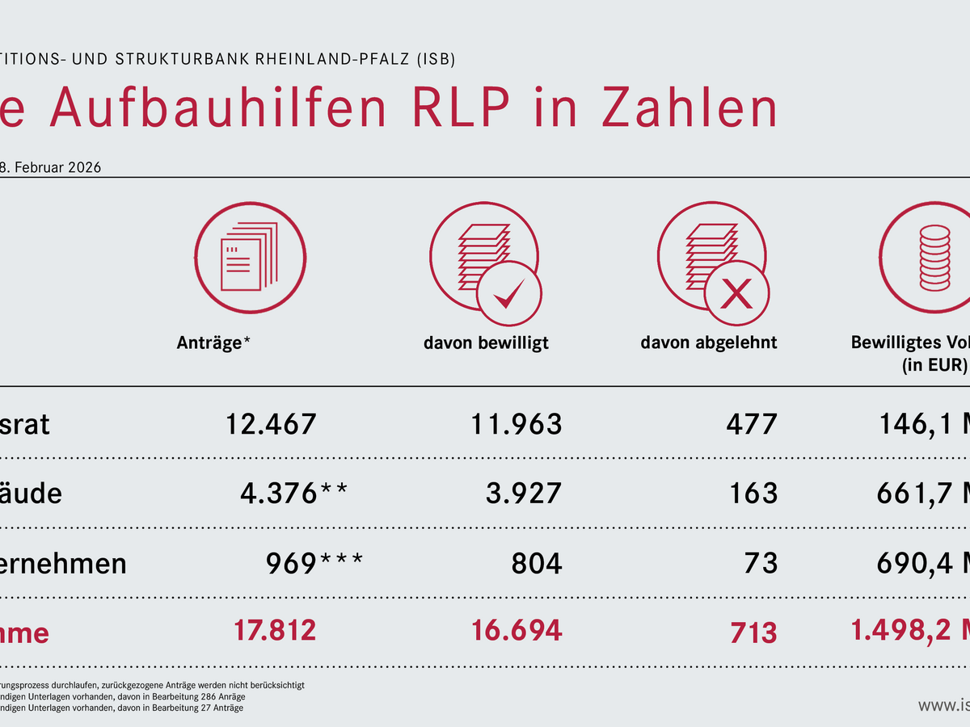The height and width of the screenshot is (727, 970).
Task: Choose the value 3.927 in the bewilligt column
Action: (523, 493)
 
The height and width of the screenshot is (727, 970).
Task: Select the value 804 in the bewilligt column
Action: (537, 562)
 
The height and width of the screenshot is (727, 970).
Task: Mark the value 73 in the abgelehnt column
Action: (761, 562)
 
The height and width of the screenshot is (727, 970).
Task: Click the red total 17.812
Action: (275, 630)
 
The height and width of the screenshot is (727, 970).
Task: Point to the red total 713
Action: (753, 632)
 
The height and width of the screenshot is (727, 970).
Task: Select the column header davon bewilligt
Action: (486, 342)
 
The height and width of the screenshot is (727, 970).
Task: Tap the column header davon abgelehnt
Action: (709, 342)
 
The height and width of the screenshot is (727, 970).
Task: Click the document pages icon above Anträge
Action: (251, 250)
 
